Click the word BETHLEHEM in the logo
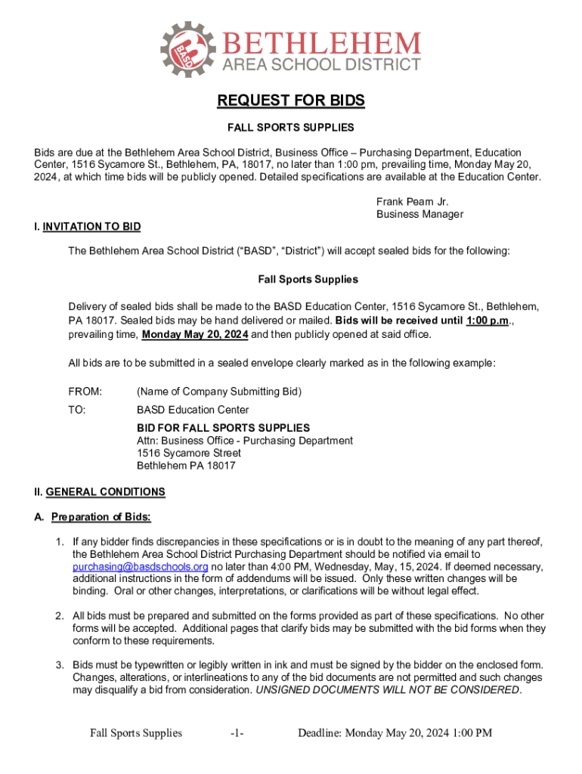click(320, 42)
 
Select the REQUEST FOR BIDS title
click(291, 101)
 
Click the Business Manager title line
click(419, 215)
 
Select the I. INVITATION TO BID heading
click(91, 227)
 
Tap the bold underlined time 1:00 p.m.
click(488, 321)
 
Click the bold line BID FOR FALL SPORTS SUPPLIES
click(223, 428)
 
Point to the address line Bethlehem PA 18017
click(186, 466)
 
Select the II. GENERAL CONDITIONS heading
click(105, 492)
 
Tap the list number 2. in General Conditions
click(58, 616)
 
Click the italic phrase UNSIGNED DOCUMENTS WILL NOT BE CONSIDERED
click(388, 691)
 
